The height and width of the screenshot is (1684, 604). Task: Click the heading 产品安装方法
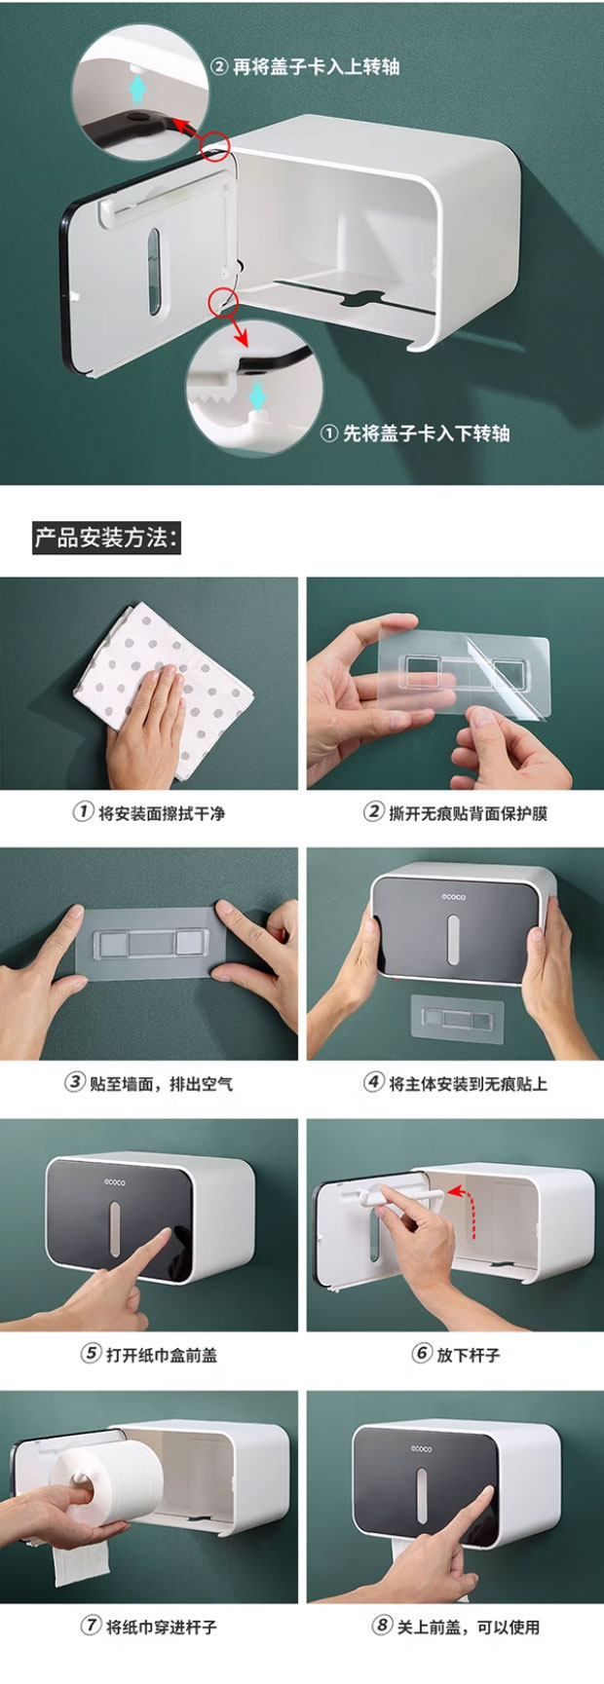point(106,538)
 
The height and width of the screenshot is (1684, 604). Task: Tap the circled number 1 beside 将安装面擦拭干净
point(84,811)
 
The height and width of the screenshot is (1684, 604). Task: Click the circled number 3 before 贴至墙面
point(75,1082)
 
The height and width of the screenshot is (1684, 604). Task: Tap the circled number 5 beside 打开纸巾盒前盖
point(92,1353)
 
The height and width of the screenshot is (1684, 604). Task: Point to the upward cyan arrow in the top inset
point(138,90)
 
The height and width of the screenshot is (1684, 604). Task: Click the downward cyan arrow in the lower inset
point(256,396)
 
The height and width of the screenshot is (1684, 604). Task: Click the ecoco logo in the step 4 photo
point(453,896)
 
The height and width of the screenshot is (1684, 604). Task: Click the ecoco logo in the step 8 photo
point(422,1448)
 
